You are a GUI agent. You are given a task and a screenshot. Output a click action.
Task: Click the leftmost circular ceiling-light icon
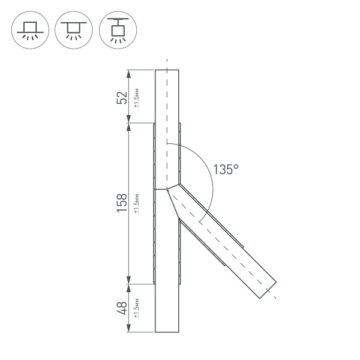tap(29, 29)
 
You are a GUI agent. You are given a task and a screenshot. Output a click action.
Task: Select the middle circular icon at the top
tap(73, 29)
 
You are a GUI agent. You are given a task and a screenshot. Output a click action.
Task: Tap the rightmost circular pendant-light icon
tap(117, 29)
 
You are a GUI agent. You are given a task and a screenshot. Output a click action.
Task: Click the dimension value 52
tap(122, 97)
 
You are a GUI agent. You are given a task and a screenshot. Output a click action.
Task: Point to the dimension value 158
tap(122, 203)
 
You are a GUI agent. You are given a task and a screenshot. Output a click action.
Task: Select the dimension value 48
tap(122, 308)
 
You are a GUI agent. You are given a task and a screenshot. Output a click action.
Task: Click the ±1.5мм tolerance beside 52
tap(137, 98)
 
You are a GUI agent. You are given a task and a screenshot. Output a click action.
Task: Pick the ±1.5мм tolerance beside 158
tap(137, 203)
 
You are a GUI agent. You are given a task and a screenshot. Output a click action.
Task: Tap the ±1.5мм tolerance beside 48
tap(137, 308)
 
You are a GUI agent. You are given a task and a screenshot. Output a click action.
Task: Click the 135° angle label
tap(226, 170)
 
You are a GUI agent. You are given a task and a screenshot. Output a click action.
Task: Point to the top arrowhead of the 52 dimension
tap(128, 73)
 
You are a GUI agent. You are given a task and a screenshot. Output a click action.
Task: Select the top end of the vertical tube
tap(167, 71)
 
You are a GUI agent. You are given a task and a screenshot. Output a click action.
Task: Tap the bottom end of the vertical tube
tap(167, 332)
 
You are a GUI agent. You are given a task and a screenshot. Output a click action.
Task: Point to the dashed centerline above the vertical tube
tap(167, 63)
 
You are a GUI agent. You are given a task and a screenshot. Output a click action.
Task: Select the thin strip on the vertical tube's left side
tap(155, 204)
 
